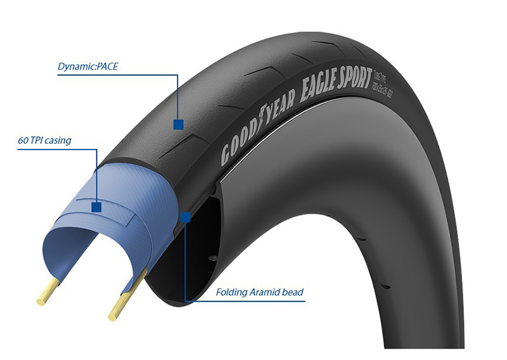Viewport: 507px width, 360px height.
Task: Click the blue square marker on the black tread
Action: tap(178, 125)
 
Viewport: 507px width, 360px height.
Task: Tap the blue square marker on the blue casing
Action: tap(96, 207)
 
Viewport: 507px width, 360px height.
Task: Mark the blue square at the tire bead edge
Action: tap(186, 217)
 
